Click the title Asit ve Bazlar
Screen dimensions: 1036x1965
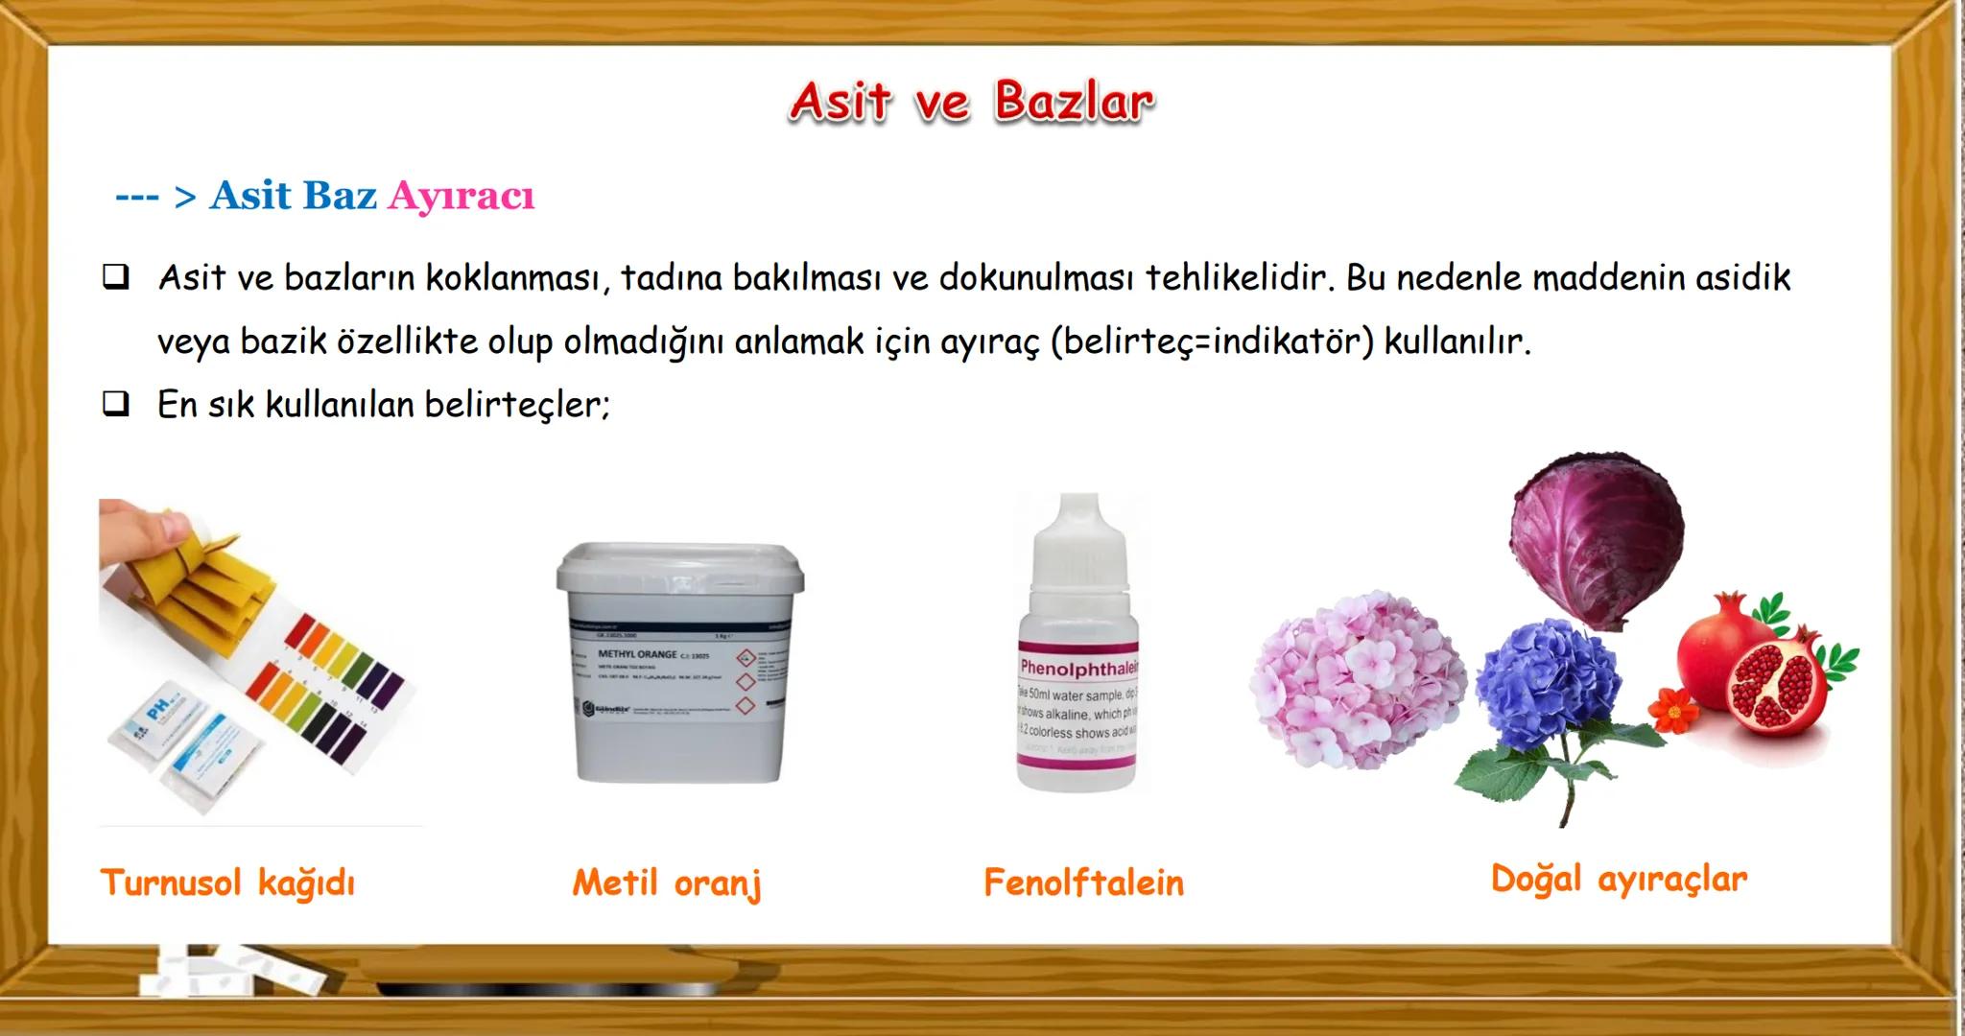point(971,102)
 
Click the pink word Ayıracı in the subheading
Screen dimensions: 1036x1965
point(461,197)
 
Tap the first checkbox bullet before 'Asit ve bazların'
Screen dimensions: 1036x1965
point(116,278)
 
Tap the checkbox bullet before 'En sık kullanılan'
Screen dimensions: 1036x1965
point(116,404)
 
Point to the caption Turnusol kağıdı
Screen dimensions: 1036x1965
point(227,883)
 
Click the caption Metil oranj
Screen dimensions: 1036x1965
point(667,883)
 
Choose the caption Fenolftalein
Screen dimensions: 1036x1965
point(1083,883)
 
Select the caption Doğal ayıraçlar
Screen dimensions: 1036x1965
point(1619,879)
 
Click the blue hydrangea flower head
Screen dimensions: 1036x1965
point(1547,676)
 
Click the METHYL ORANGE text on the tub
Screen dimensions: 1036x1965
point(637,654)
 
